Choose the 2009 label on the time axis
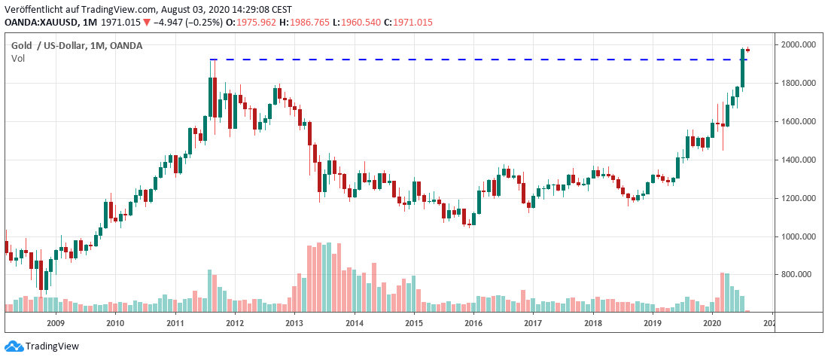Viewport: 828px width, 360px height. tap(55, 324)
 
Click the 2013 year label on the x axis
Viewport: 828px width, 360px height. tap(294, 324)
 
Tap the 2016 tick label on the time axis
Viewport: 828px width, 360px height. tap(473, 324)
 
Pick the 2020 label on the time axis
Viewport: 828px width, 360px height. tap(712, 324)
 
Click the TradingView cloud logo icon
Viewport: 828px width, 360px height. tap(13, 346)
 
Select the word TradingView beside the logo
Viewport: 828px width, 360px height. tap(52, 346)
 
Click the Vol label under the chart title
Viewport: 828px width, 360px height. tap(18, 59)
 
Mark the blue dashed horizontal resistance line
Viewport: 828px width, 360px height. tap(452, 59)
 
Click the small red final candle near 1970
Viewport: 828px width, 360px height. tap(748, 50)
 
